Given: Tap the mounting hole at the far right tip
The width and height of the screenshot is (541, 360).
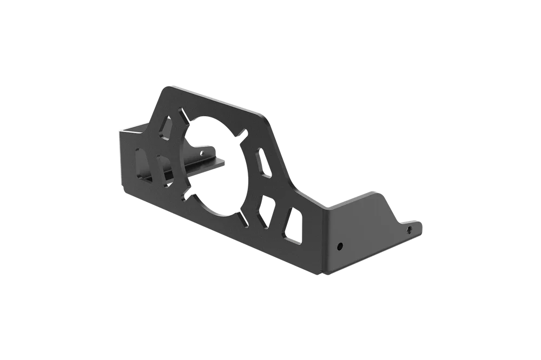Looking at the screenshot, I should click(x=409, y=230).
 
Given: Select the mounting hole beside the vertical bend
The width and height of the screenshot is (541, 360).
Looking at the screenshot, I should click(x=340, y=246).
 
